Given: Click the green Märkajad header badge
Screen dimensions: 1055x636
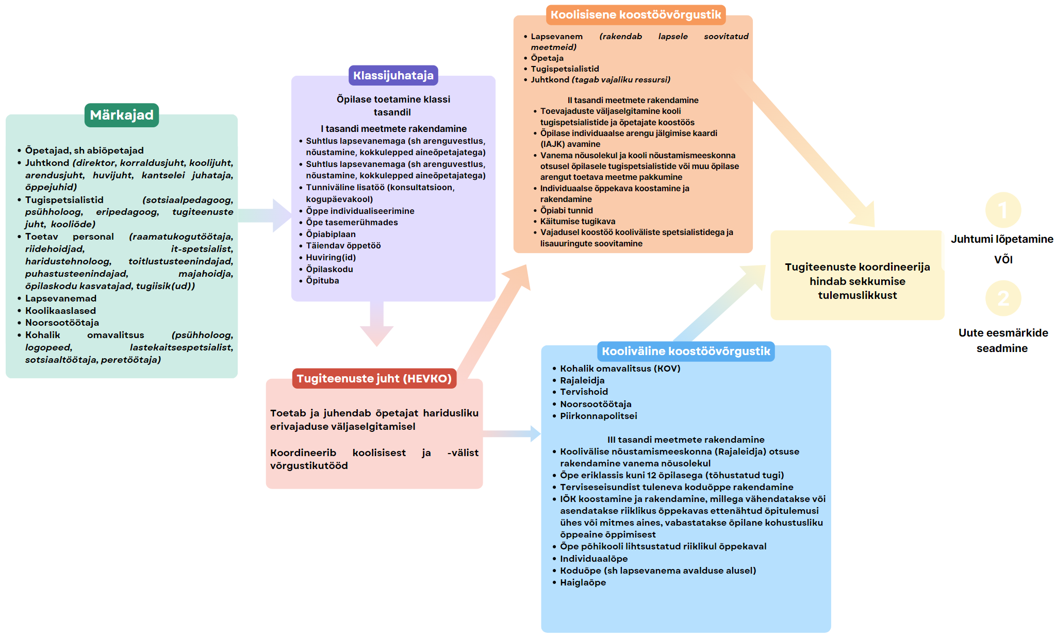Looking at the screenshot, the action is [x=122, y=115].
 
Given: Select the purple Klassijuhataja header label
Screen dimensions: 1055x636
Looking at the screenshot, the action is [x=393, y=75].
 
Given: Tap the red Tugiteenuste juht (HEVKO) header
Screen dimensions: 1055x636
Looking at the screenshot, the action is [x=374, y=378].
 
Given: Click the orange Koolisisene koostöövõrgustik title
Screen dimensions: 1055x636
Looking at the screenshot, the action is [x=636, y=14].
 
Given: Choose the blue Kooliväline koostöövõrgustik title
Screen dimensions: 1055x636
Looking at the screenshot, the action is [x=686, y=351].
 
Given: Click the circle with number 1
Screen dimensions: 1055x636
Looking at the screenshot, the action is [x=1003, y=210].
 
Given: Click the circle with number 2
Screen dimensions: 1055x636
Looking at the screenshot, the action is [x=1003, y=298].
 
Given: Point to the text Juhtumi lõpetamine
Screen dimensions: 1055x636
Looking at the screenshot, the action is [x=1002, y=239].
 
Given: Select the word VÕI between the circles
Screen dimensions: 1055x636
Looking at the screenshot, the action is [x=1003, y=259].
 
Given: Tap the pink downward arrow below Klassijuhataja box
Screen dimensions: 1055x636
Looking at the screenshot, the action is [x=377, y=324].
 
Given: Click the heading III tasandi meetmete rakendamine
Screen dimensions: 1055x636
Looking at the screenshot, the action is [x=686, y=440].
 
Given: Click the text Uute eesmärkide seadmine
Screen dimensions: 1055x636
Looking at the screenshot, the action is [x=1003, y=340].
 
